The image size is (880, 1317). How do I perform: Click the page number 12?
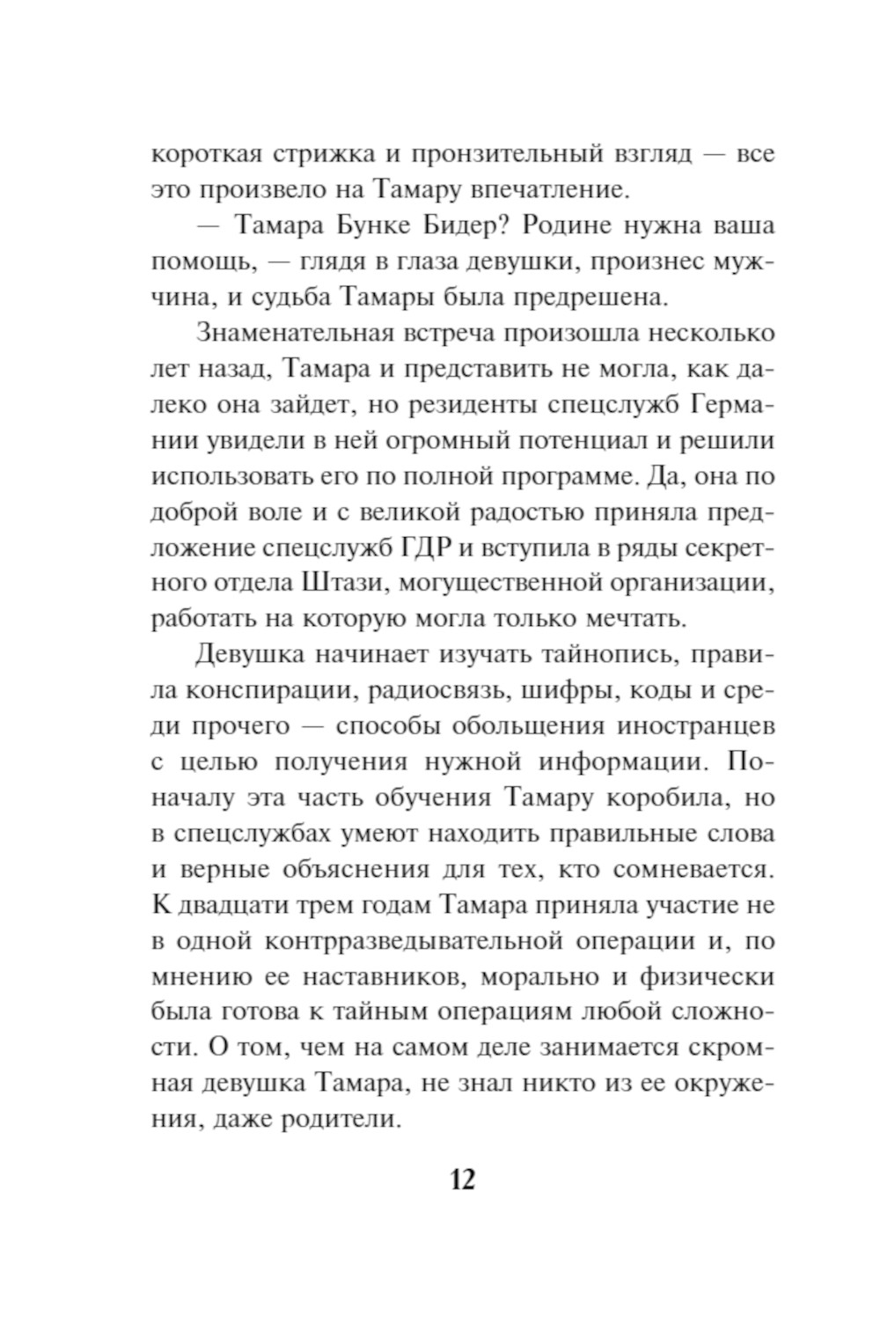pos(462,1177)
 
